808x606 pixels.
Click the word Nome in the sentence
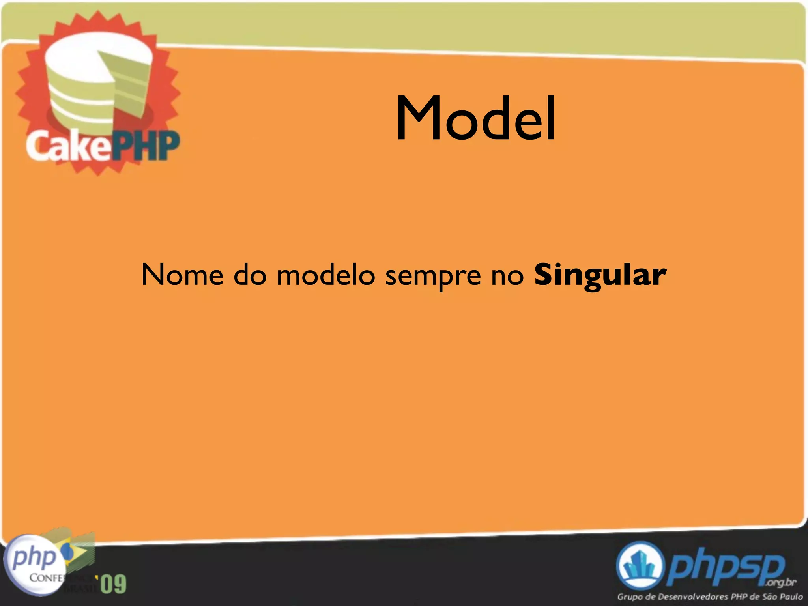click(182, 275)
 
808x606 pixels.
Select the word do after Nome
click(250, 275)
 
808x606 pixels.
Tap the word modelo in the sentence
click(325, 275)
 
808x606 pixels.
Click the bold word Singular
click(600, 275)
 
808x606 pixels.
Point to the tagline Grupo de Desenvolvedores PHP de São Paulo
click(710, 597)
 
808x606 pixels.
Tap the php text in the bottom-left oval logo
click(35, 557)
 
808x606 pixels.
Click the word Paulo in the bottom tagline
click(791, 597)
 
